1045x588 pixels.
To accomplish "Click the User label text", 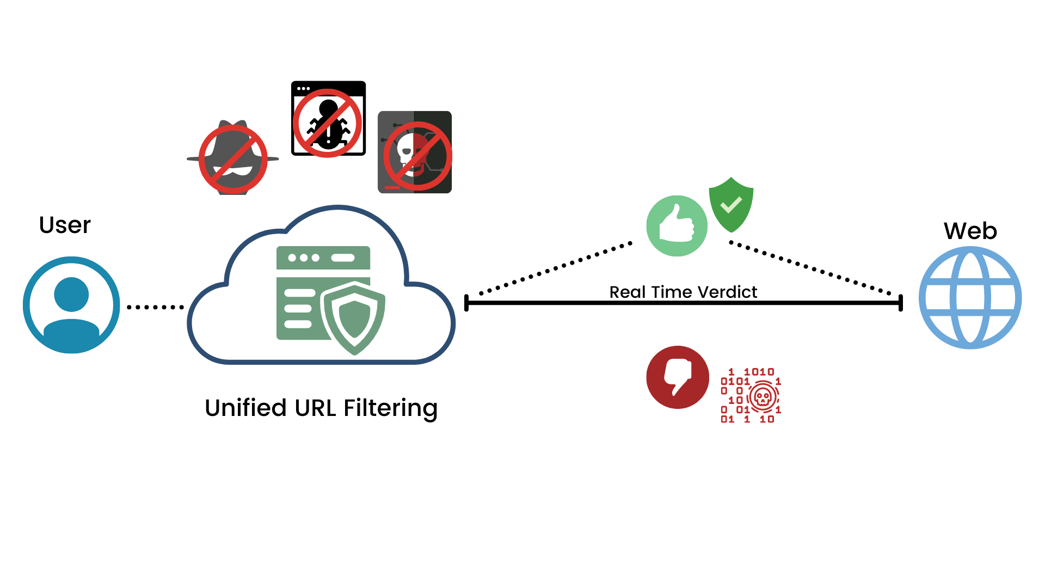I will point(65,225).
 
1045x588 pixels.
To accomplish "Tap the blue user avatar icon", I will point(71,305).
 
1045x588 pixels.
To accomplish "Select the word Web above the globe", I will point(970,231).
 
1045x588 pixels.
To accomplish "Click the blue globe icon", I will point(970,298).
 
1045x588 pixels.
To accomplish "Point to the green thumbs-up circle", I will point(677,226).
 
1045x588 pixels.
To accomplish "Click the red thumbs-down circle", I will point(678,377).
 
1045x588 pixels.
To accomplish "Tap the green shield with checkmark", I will point(731,205).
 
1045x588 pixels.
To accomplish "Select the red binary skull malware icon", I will point(751,396).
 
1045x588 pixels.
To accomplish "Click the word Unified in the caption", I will point(245,408).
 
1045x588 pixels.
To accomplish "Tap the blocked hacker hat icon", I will point(233,158).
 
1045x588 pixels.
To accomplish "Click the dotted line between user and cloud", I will point(155,307).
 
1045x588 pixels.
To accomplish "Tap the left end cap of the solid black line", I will point(466,303).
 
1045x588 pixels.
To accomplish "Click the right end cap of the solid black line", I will point(901,303).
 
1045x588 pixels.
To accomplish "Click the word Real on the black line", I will point(628,292).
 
